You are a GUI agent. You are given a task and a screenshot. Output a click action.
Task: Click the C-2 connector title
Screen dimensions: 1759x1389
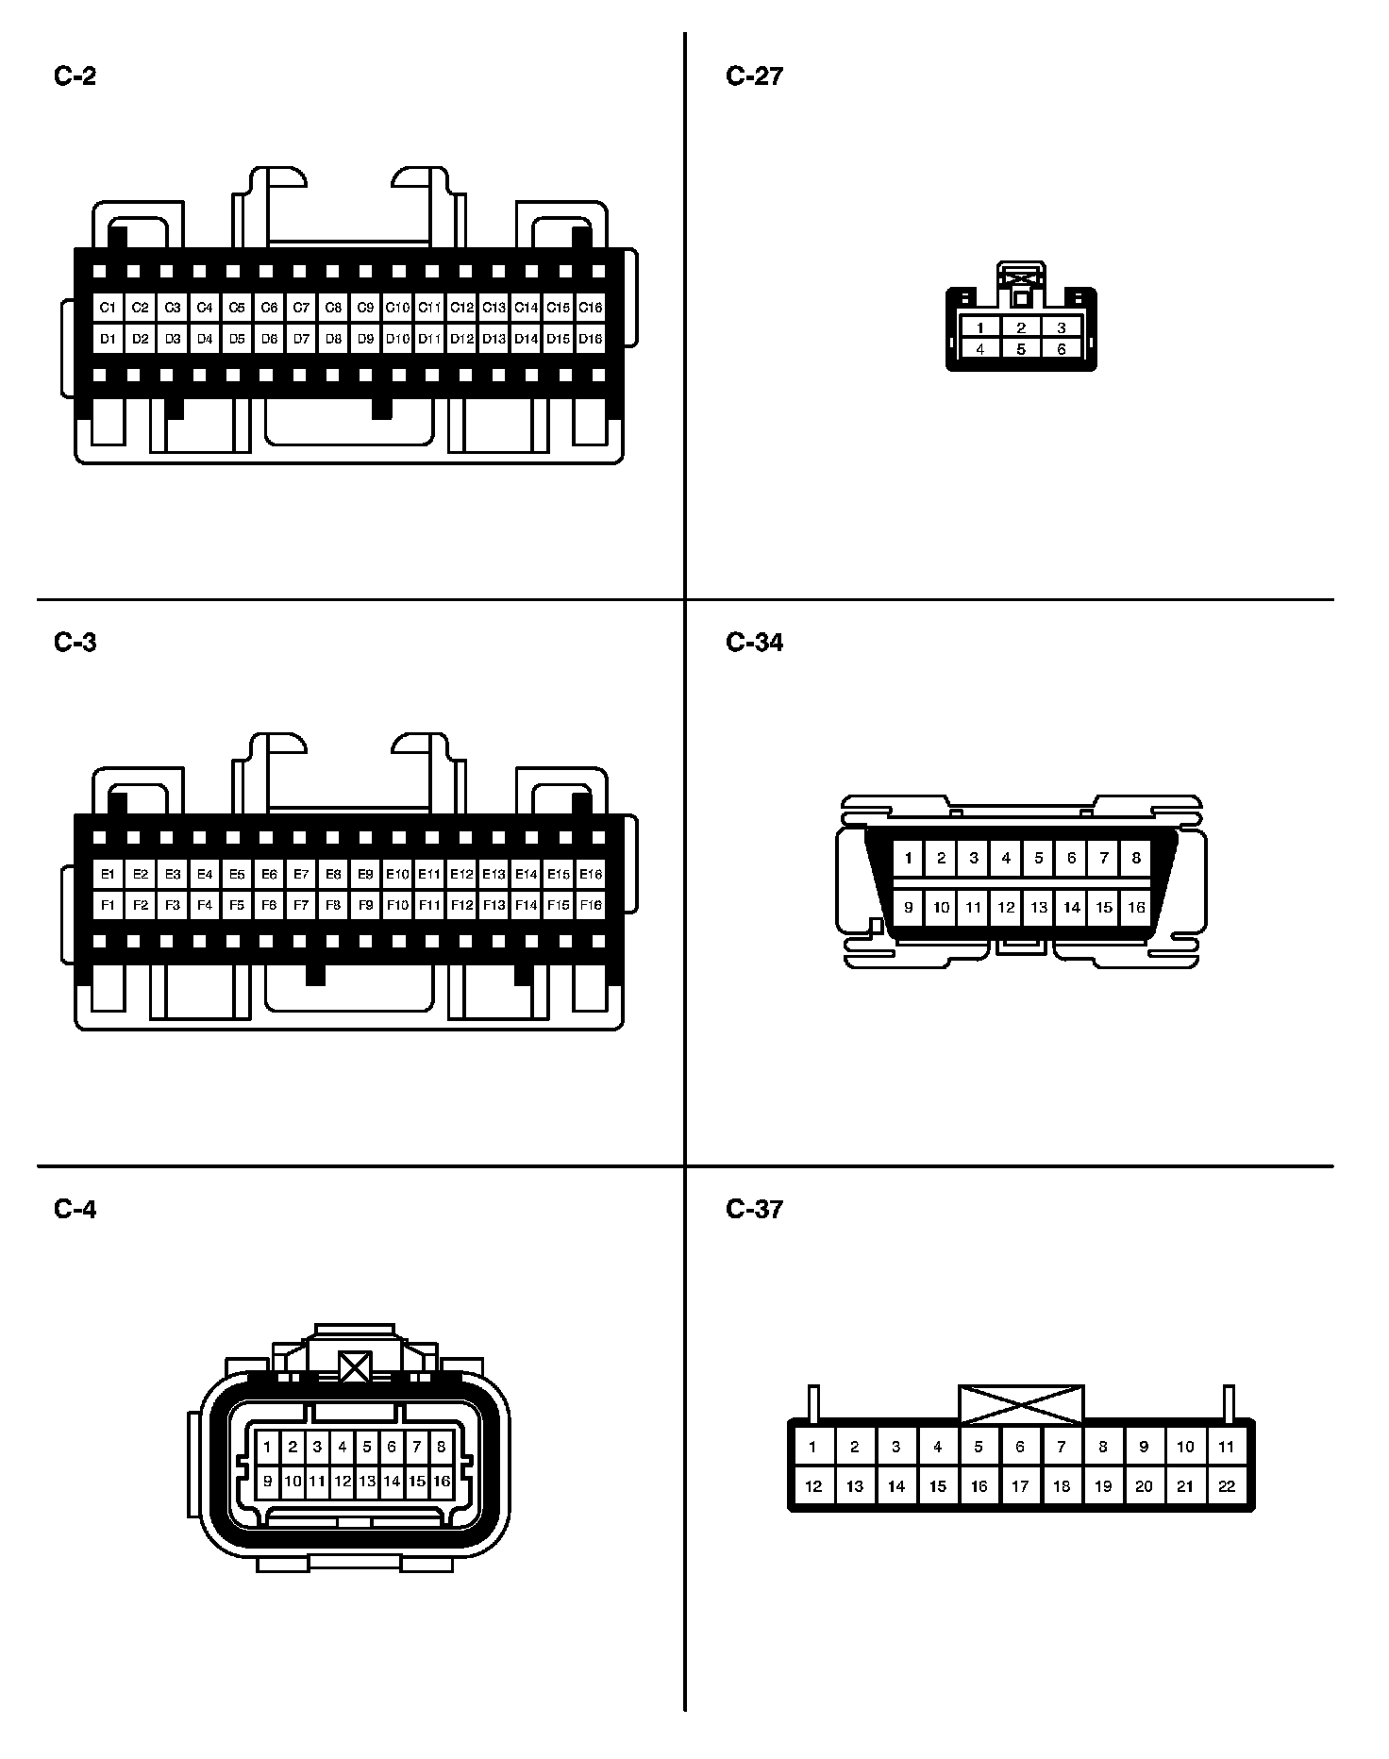click(75, 76)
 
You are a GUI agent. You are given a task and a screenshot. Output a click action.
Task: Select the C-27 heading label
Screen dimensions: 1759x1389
click(754, 76)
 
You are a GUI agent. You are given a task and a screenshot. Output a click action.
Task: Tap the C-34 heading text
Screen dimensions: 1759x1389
click(754, 643)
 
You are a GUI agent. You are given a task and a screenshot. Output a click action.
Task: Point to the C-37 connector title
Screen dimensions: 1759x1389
click(754, 1209)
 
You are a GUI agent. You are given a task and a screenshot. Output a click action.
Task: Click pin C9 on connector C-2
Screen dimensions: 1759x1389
click(365, 308)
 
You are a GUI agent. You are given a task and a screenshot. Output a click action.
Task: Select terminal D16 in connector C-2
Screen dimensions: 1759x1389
click(590, 338)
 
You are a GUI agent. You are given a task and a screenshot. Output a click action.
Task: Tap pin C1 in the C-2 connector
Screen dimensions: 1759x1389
click(108, 308)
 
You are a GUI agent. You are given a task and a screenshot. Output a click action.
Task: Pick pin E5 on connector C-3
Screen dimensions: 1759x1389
click(237, 874)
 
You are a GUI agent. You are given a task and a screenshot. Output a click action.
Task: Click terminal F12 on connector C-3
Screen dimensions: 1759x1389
click(461, 905)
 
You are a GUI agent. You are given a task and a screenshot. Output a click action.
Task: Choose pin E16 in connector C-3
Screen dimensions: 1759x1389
click(590, 874)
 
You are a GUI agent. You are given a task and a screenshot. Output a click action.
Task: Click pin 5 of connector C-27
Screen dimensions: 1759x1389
click(1021, 349)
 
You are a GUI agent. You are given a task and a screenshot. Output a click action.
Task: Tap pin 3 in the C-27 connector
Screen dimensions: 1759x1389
click(1062, 328)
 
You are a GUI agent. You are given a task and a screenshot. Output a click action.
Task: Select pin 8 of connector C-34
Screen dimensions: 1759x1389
click(1136, 858)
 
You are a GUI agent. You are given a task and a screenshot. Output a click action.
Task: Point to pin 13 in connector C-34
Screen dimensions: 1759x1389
click(1039, 908)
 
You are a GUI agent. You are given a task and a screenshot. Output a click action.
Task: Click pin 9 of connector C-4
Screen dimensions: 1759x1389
click(268, 1481)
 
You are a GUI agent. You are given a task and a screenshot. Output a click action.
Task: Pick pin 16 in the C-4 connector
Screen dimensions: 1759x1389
click(442, 1481)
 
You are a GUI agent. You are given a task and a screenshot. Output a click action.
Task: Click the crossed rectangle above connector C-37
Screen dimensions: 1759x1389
click(1021, 1404)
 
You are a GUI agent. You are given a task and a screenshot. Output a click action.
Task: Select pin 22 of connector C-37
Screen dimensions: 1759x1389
click(1226, 1486)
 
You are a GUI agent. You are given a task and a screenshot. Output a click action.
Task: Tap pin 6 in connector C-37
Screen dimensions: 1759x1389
click(1020, 1446)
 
